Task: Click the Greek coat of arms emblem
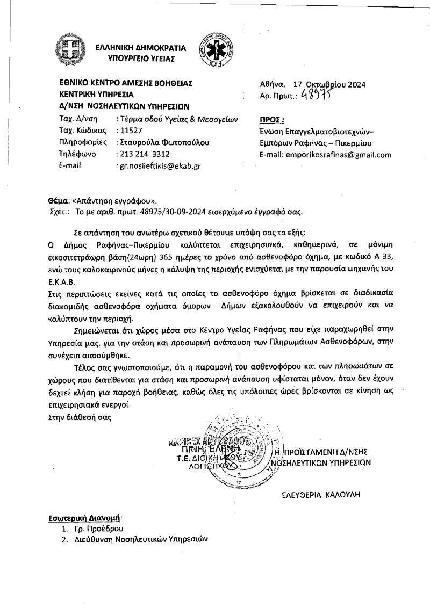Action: pos(70,51)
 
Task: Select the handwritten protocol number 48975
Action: pos(317,96)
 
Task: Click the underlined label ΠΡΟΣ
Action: pos(271,119)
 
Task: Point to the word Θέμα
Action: pos(59,200)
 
